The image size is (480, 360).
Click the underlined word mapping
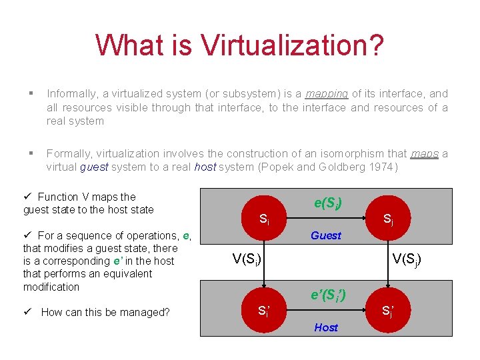coord(327,94)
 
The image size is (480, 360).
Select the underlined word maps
coord(425,154)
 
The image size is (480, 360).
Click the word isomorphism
coord(352,154)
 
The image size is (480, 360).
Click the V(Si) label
coord(246,259)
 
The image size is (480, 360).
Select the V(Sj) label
coord(406,259)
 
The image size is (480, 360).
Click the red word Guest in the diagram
coord(326,235)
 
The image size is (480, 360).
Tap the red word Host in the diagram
coord(326,327)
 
